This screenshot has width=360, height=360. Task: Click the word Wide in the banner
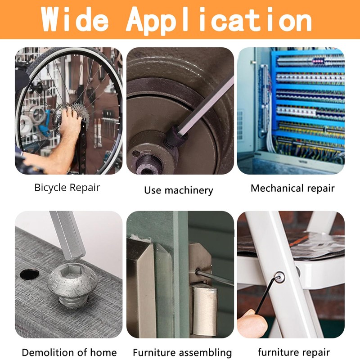tap(75, 20)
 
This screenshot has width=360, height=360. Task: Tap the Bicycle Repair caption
tap(67, 188)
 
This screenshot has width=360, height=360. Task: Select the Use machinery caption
tap(179, 190)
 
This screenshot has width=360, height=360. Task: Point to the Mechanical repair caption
tap(292, 188)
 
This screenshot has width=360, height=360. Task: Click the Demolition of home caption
tap(69, 352)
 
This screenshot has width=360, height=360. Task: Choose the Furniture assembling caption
tap(182, 353)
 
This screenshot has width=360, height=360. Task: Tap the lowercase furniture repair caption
tap(294, 352)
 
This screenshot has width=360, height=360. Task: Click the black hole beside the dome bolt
tap(29, 274)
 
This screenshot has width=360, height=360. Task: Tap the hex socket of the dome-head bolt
tap(72, 269)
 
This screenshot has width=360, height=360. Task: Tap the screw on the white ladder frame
tap(279, 278)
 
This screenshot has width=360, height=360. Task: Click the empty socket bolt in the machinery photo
tap(147, 164)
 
